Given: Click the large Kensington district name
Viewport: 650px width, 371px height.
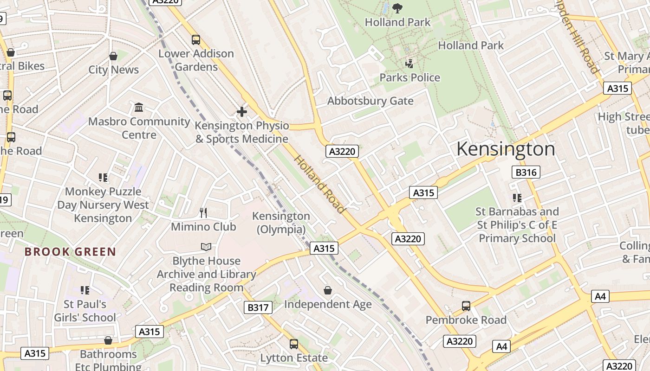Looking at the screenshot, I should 506,149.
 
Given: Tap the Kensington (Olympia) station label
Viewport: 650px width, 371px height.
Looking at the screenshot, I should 281,223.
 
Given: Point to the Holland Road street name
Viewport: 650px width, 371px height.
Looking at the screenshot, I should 320,185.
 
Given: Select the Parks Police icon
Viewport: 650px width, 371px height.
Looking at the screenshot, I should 409,64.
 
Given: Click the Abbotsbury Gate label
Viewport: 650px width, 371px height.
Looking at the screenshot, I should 370,101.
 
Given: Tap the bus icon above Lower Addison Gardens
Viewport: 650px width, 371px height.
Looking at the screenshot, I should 196,40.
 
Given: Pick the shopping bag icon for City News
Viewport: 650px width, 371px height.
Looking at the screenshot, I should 113,56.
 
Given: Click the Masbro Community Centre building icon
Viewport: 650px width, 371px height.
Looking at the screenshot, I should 138,108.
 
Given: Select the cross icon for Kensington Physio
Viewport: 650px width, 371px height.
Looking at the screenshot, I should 241,112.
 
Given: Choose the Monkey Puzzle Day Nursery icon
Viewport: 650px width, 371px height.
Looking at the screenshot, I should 103,177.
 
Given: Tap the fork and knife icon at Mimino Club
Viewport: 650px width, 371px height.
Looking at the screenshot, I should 203,213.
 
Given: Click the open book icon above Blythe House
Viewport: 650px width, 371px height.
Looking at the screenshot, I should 206,247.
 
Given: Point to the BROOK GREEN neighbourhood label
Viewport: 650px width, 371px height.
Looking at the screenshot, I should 70,252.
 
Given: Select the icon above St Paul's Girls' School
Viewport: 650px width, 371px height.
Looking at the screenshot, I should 84,290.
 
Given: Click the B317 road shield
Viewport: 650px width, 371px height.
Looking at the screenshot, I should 258,307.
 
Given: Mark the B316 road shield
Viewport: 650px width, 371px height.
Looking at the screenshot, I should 526,173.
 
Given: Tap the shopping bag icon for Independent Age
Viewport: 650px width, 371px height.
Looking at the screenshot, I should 328,290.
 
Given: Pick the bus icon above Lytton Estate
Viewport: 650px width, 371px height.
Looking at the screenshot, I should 293,344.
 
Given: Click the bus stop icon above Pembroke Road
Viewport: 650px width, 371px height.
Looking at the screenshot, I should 466,306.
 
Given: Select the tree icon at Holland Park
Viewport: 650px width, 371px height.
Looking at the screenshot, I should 397,8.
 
